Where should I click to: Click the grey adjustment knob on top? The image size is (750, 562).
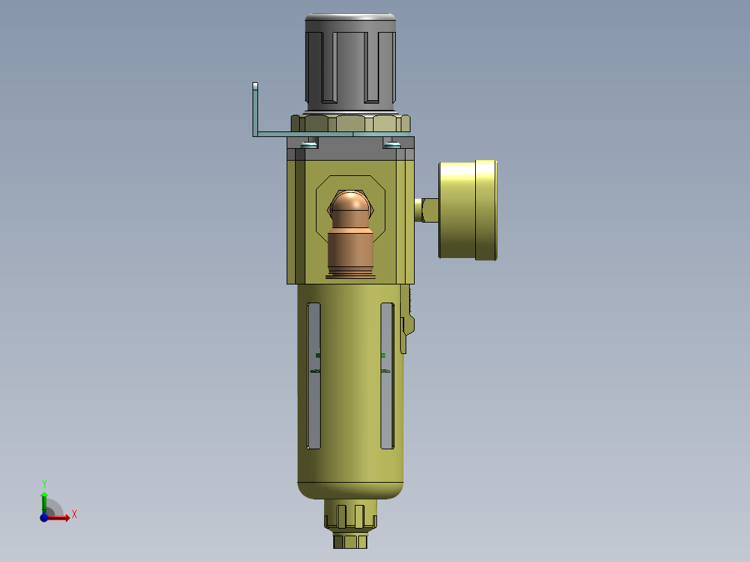[x=351, y=63]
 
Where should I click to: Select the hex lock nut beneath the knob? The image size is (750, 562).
[x=351, y=124]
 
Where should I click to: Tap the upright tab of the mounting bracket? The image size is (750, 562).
[x=255, y=108]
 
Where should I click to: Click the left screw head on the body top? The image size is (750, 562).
[x=309, y=145]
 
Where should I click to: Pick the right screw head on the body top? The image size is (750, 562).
[x=392, y=145]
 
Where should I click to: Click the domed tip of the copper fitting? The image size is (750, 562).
[x=351, y=204]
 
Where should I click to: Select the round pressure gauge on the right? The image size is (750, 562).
[x=468, y=210]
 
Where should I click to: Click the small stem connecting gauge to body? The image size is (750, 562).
[x=426, y=209]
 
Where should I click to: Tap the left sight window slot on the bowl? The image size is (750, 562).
[x=314, y=376]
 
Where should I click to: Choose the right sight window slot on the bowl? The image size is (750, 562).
[x=388, y=376]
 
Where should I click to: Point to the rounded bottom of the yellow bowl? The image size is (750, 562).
[x=351, y=490]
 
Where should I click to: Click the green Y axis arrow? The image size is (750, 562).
[x=44, y=500]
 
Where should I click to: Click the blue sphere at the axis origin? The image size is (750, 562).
[x=45, y=517]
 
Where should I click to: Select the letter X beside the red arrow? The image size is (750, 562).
[x=74, y=515]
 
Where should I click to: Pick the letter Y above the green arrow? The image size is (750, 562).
[x=45, y=483]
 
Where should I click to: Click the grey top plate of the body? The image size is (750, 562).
[x=351, y=148]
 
